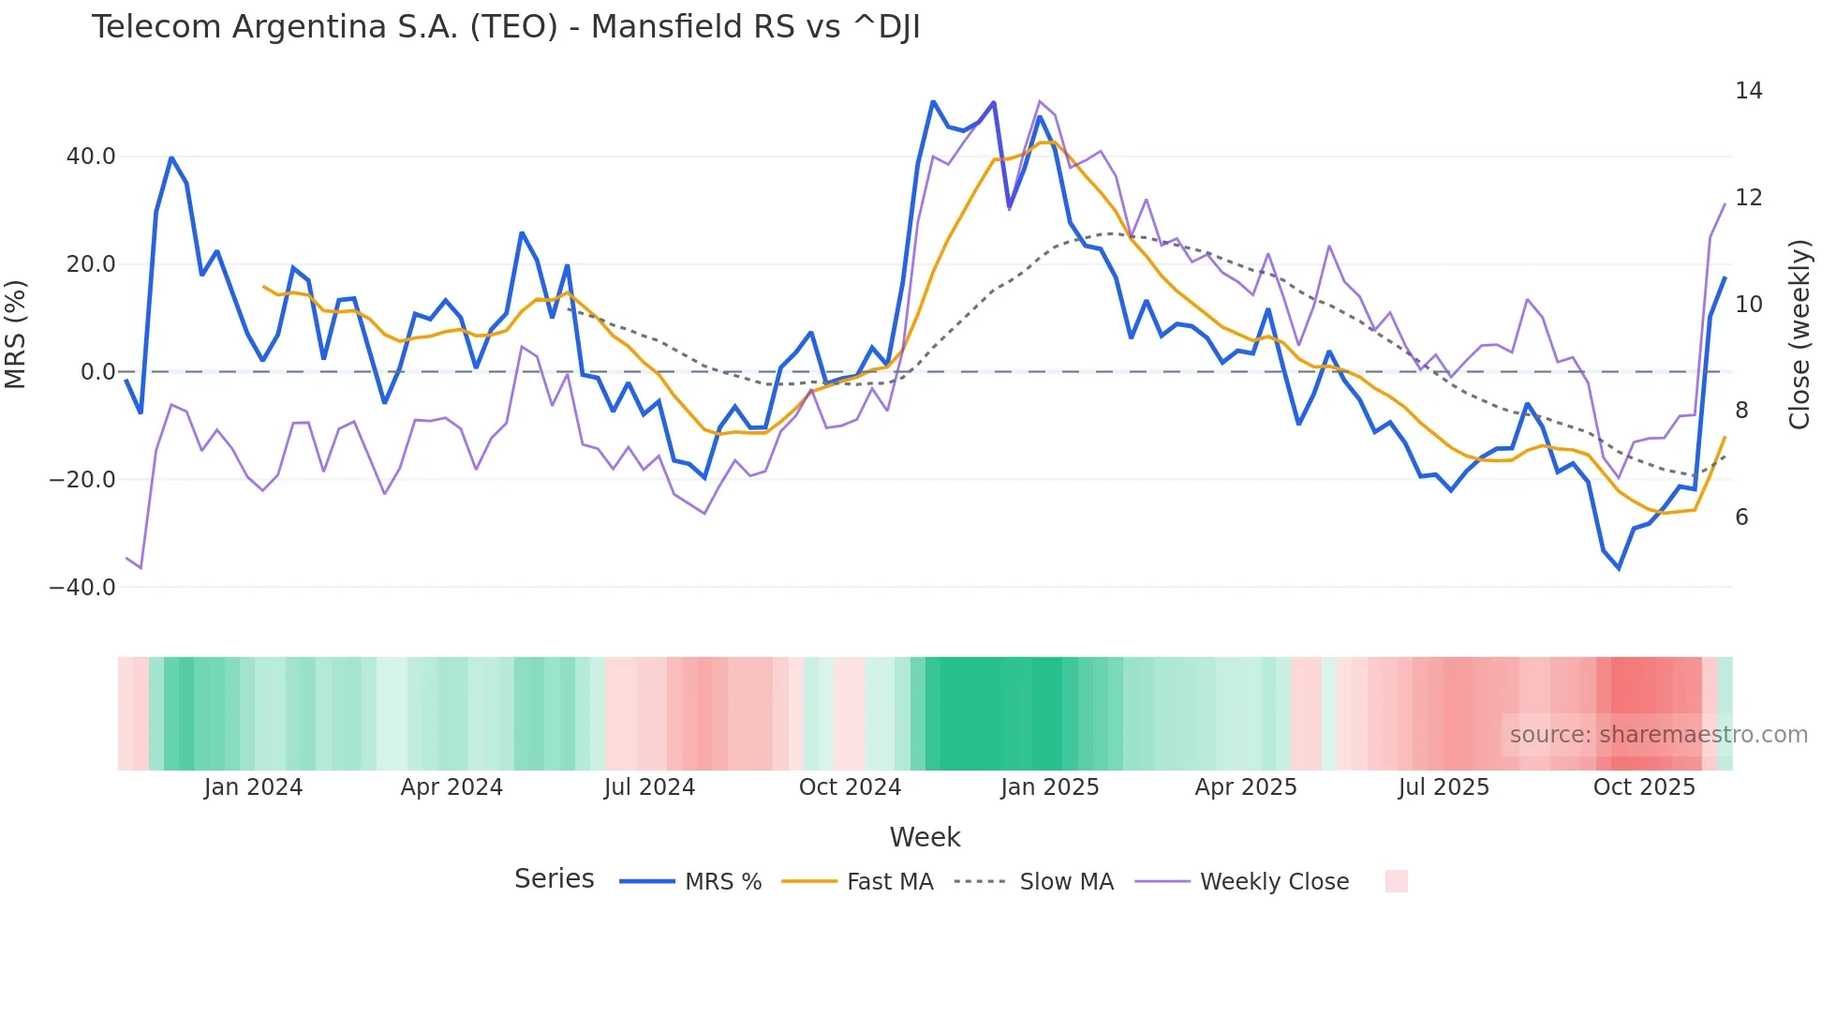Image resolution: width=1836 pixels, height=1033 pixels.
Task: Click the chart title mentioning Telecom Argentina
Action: pyautogui.click(x=506, y=27)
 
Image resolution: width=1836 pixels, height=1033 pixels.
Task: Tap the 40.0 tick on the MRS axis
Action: pyautogui.click(x=91, y=157)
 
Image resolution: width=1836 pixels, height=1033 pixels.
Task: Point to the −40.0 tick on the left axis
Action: pyautogui.click(x=82, y=588)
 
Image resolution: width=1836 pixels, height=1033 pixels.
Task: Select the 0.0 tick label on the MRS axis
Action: pyautogui.click(x=97, y=372)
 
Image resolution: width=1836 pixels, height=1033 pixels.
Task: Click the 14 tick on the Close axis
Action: pyautogui.click(x=1748, y=91)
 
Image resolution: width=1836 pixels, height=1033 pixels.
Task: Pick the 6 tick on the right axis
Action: pyautogui.click(x=1741, y=517)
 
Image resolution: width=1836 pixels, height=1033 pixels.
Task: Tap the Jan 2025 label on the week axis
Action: pyautogui.click(x=1049, y=787)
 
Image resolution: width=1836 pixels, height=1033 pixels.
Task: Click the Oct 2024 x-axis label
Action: pyautogui.click(x=850, y=787)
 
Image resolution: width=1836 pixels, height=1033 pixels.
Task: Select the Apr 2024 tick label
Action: pyautogui.click(x=452, y=787)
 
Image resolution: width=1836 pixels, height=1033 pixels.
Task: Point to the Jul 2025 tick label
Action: pyautogui.click(x=1444, y=787)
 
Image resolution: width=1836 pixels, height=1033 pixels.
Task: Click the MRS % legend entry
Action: pyautogui.click(x=691, y=882)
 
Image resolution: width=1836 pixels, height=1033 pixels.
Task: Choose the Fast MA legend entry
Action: pyautogui.click(x=857, y=882)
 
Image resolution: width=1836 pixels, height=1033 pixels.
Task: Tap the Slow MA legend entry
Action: pyautogui.click(x=1034, y=882)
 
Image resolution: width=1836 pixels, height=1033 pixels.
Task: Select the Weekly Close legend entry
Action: pyautogui.click(x=1242, y=882)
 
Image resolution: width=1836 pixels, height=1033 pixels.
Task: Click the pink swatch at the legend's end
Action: pyautogui.click(x=1396, y=881)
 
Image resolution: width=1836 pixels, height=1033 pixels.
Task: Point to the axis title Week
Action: pyautogui.click(x=925, y=837)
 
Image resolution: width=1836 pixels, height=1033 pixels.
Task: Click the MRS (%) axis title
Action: pyautogui.click(x=16, y=334)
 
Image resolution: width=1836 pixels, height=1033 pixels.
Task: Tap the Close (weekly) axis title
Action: pyautogui.click(x=1799, y=334)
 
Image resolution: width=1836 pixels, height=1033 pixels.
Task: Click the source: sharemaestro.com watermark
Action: pyautogui.click(x=1658, y=735)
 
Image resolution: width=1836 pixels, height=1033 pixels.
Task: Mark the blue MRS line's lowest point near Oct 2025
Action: pyautogui.click(x=1619, y=568)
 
